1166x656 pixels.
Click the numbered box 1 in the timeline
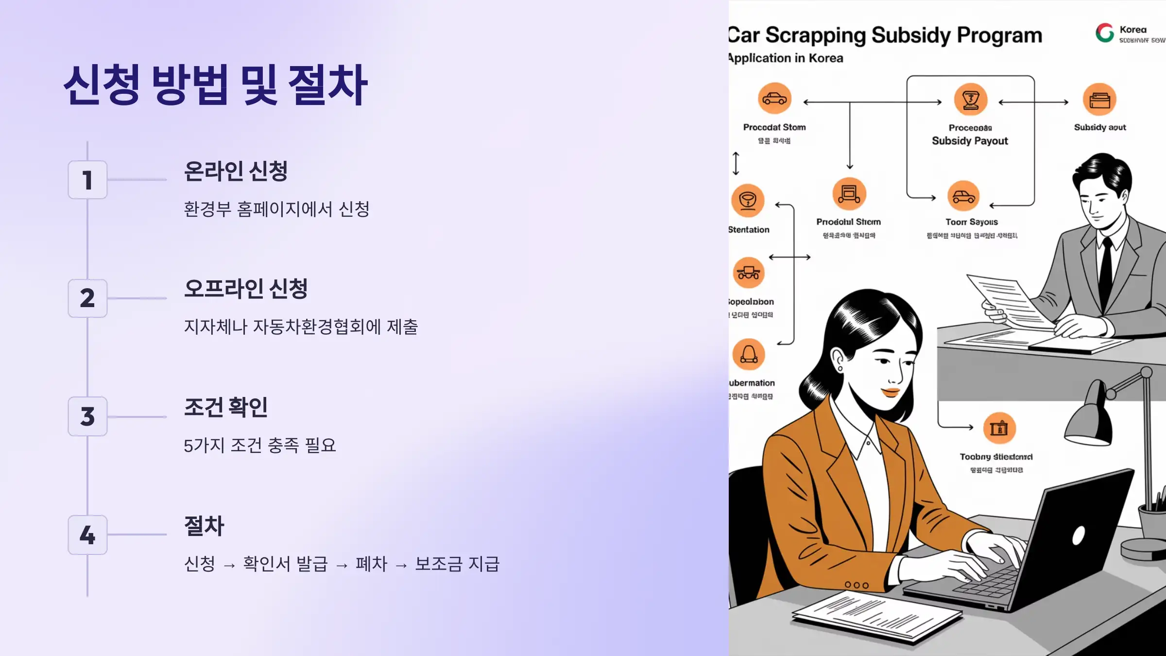[x=87, y=180]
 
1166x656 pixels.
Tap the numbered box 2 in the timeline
[x=87, y=298]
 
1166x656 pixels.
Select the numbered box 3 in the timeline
[x=87, y=416]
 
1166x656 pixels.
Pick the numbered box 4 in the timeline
[x=87, y=535]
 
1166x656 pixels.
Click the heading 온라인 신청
[x=236, y=171]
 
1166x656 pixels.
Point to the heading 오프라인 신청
[x=246, y=289]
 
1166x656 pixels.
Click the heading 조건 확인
[x=226, y=407]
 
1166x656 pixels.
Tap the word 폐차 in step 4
[x=371, y=564]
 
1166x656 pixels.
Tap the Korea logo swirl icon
[x=1104, y=33]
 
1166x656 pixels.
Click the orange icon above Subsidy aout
[x=1099, y=100]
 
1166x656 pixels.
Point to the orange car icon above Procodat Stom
[x=774, y=99]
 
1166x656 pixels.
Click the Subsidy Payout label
[x=970, y=141]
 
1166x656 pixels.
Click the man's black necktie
[x=1106, y=272]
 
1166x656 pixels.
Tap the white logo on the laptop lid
[x=1078, y=536]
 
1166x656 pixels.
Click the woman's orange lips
[x=891, y=392]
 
